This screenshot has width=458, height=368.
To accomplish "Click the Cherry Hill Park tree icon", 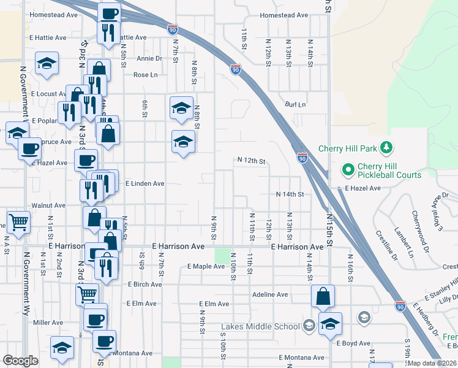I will (386, 148).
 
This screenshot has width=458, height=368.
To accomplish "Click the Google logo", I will (20, 361).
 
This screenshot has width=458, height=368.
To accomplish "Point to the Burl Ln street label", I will (295, 105).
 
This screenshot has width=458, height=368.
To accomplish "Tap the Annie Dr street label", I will (149, 59).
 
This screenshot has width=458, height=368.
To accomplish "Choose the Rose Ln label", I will (146, 75).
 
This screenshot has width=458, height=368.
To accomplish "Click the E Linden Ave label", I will (145, 183).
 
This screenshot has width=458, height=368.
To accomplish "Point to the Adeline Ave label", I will (270, 294).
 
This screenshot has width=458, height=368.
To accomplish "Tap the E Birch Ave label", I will (146, 285).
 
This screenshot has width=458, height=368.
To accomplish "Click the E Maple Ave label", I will (206, 266).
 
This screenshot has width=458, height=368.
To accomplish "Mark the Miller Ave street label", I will (48, 322).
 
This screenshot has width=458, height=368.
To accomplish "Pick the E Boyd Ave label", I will (353, 343).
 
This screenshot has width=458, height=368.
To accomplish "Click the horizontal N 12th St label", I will (251, 161).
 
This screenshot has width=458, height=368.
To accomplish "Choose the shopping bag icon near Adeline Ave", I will (323, 296).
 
